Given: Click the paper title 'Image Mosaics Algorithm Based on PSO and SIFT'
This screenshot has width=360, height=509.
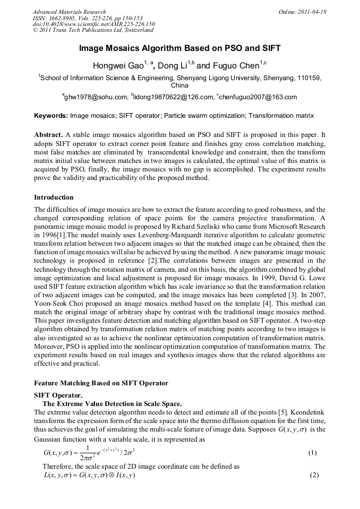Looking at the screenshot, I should [x=179, y=48].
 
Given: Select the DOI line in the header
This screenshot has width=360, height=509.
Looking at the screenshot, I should [x=93, y=24].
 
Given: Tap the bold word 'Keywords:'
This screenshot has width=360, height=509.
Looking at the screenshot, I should [x=51, y=115].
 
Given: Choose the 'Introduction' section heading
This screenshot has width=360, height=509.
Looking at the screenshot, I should [x=54, y=197].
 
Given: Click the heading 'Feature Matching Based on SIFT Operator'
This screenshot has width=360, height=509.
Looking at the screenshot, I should [x=101, y=383].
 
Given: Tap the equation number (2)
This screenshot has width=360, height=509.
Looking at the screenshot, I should [x=314, y=475].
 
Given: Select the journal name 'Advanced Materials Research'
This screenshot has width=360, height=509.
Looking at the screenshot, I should [x=69, y=12].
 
